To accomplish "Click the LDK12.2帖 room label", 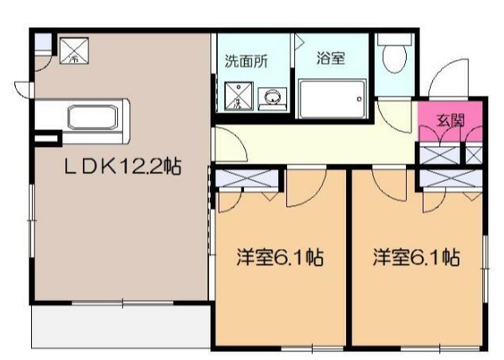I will coord(122,167).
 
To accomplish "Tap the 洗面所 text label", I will coord(243,60).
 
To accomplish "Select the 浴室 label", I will coord(330,59).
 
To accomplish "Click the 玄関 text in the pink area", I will coord(451,121).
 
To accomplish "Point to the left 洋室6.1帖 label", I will coord(278,259).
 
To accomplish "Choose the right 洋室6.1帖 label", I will coord(416,259).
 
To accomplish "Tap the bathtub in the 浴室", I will coord(331,99).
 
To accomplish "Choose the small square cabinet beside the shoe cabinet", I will coord(474,155).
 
